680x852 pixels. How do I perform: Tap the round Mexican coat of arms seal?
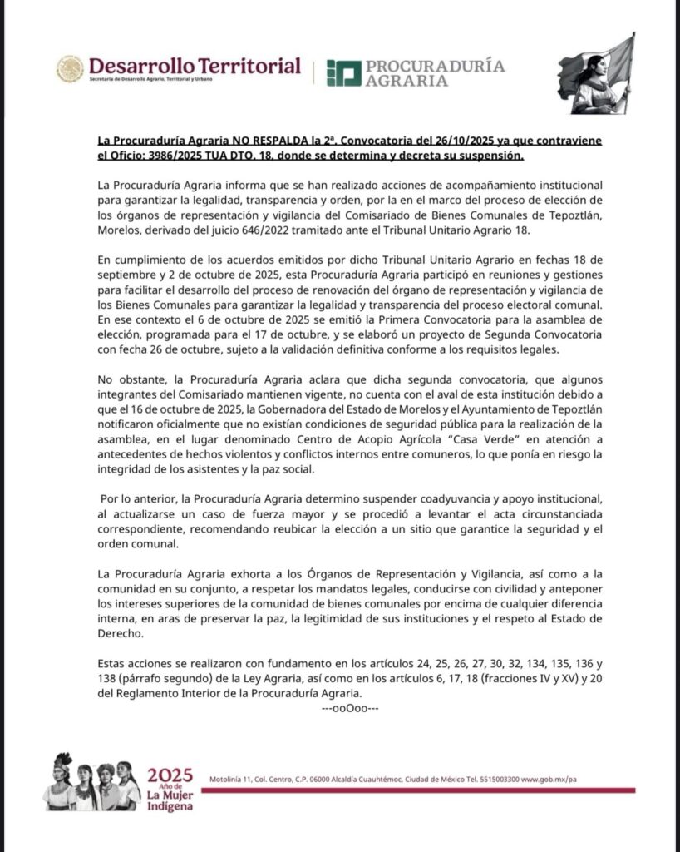point(70,69)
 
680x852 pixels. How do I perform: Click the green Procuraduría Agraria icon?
point(342,73)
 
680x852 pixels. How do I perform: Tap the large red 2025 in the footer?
point(170,775)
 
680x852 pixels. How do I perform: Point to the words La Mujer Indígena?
point(170,800)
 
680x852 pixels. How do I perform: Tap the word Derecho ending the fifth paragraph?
point(124,632)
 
